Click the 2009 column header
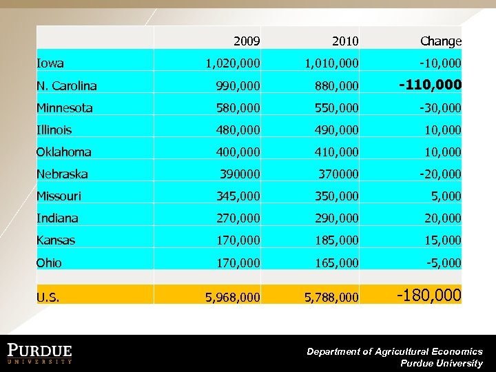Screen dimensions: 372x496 tap(247, 41)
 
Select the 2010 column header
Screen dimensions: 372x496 tap(344, 41)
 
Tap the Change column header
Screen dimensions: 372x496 tap(441, 41)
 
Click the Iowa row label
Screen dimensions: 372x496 tap(50, 63)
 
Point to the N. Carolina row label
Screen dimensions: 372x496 tap(66, 86)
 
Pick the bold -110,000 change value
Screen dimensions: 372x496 tap(431, 85)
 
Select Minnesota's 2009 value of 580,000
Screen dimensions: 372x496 tap(236, 108)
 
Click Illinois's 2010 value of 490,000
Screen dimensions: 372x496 tap(334, 130)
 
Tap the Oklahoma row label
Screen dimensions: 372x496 tap(64, 152)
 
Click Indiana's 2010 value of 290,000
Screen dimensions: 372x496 tap(334, 218)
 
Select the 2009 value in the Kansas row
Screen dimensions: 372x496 tap(236, 240)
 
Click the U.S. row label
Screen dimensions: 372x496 tap(48, 297)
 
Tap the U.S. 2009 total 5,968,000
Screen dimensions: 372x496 tap(232, 297)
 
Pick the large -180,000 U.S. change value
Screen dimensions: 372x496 tap(428, 296)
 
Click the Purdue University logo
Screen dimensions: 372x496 tap(40, 353)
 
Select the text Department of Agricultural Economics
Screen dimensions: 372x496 tap(394, 351)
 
